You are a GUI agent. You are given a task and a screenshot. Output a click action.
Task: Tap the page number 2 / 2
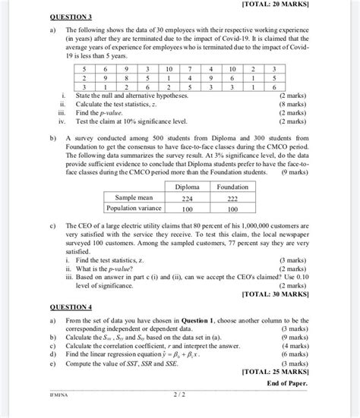point(179,394)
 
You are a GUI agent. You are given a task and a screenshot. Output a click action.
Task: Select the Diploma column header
point(187,186)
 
